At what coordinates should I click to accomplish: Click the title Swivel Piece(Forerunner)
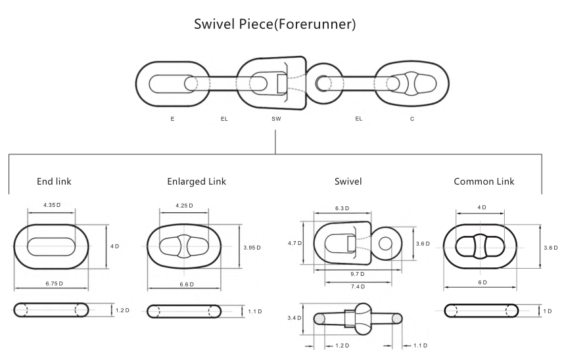[275, 25]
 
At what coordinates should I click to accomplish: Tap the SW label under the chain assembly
[276, 120]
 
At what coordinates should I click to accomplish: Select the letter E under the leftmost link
[172, 120]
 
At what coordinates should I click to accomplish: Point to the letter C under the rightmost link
[411, 120]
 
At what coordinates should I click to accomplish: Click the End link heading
[54, 182]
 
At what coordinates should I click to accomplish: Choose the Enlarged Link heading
[197, 182]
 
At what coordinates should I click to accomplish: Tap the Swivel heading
[348, 182]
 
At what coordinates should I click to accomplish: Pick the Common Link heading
[484, 182]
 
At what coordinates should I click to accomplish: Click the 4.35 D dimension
[52, 206]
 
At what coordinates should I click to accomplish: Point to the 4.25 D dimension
[185, 206]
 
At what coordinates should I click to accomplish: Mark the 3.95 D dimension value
[251, 247]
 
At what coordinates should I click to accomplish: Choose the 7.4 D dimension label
[358, 286]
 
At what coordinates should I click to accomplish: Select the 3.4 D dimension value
[295, 318]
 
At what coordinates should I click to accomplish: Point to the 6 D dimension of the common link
[482, 282]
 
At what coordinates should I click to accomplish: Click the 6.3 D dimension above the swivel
[342, 208]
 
